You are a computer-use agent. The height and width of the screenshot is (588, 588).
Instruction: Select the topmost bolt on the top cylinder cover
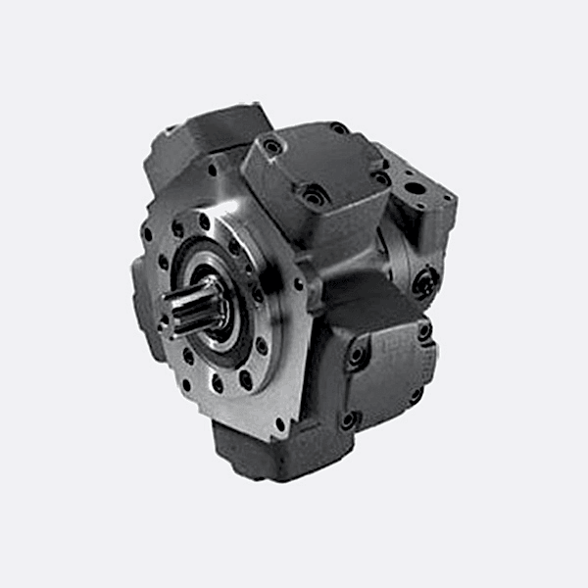tap(337, 128)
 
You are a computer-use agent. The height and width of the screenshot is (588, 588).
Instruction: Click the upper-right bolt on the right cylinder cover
tap(424, 331)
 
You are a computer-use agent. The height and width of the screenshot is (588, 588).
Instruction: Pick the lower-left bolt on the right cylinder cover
tap(349, 419)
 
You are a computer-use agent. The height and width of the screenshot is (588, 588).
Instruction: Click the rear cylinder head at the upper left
tap(196, 137)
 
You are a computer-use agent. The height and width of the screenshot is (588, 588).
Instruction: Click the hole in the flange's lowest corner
tap(279, 424)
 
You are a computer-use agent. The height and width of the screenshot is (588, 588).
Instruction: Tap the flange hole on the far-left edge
tap(147, 235)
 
